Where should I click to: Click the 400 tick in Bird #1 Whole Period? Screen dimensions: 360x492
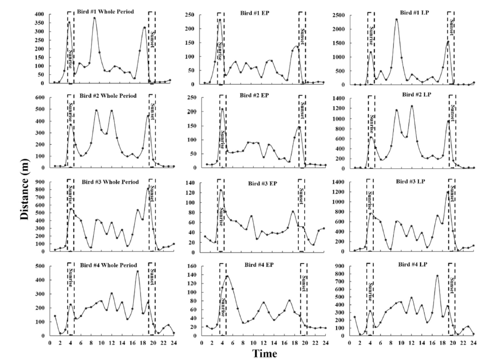tap(39, 14)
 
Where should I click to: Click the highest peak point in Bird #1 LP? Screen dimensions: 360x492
tap(396, 19)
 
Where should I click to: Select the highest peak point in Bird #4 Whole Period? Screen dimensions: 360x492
tap(137, 271)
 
